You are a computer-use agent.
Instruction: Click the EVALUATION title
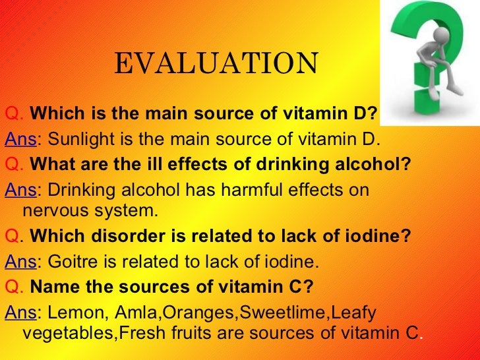coord(216,64)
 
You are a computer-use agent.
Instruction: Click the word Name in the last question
coord(50,287)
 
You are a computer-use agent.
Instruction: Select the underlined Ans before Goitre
coord(19,262)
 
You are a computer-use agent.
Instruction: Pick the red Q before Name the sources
coord(12,287)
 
